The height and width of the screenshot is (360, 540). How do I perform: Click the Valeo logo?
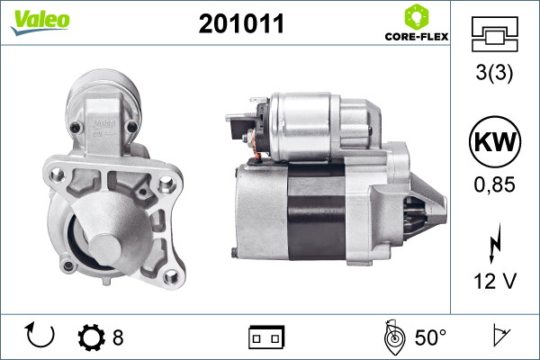pos(40,22)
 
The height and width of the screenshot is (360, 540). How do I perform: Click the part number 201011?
pos(241,23)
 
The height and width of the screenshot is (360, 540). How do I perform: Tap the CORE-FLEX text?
pos(417,37)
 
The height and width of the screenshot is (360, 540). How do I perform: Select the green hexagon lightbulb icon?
pos(417,17)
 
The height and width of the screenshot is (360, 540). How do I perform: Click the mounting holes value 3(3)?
pos(494,72)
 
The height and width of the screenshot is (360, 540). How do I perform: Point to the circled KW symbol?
pos(495,141)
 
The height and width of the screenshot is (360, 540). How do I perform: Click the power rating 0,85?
pos(494,184)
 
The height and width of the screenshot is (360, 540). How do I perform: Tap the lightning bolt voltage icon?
pos(495,243)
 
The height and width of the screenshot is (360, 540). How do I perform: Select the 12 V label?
pos(495,281)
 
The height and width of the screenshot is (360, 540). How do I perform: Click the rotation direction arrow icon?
pos(40,335)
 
